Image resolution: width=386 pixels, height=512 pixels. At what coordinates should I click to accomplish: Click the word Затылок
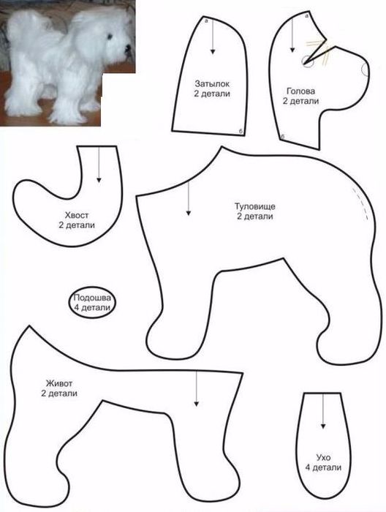[x=212, y=83]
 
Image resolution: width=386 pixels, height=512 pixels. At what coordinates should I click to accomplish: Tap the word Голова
[x=301, y=91]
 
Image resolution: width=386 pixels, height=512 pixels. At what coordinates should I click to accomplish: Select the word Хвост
[x=77, y=215]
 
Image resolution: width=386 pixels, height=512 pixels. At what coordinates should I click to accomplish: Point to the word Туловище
[x=255, y=206]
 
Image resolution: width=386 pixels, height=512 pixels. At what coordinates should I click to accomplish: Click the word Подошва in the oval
[x=92, y=298]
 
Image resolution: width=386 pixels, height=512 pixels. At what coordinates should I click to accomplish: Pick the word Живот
[x=59, y=383]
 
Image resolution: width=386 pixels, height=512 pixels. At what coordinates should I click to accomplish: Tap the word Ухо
[x=323, y=457]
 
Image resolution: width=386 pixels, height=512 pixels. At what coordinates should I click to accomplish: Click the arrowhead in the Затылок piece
[x=213, y=51]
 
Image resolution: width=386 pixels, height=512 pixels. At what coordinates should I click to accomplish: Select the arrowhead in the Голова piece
[x=292, y=50]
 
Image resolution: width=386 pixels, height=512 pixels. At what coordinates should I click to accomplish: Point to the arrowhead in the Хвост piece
[x=99, y=180]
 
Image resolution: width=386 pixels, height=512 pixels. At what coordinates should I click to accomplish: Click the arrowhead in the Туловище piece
[x=189, y=213]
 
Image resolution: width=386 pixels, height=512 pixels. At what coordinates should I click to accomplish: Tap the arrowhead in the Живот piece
[x=196, y=404]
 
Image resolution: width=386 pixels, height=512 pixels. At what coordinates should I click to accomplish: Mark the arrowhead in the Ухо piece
[x=323, y=426]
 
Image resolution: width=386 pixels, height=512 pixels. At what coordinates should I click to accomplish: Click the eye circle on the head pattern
[x=307, y=61]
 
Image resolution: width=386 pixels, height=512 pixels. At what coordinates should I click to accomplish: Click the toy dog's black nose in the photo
[x=126, y=49]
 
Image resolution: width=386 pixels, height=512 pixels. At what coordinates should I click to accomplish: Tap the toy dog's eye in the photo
[x=109, y=36]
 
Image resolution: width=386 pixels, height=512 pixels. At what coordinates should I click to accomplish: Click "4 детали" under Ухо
[x=323, y=467]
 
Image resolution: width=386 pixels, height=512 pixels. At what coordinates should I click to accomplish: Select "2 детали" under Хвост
[x=77, y=225]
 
